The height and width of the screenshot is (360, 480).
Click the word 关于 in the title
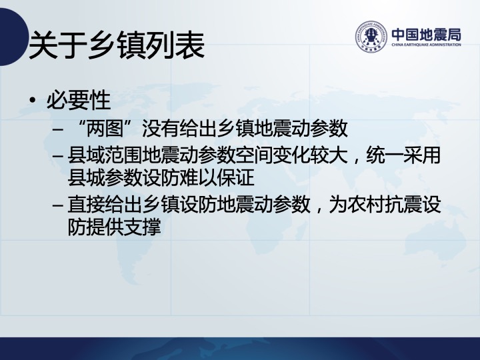click(x=57, y=45)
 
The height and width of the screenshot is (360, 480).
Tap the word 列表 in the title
click(x=175, y=45)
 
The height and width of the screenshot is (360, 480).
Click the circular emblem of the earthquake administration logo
click(x=371, y=37)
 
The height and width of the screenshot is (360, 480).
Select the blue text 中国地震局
click(x=426, y=34)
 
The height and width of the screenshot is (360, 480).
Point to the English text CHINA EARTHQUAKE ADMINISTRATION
click(x=426, y=45)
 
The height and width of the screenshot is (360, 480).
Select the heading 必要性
click(x=79, y=100)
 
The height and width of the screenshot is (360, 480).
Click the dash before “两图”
click(x=57, y=129)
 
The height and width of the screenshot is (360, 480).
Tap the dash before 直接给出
click(x=57, y=205)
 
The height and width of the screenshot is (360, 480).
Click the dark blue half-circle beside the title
click(x=12, y=37)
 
